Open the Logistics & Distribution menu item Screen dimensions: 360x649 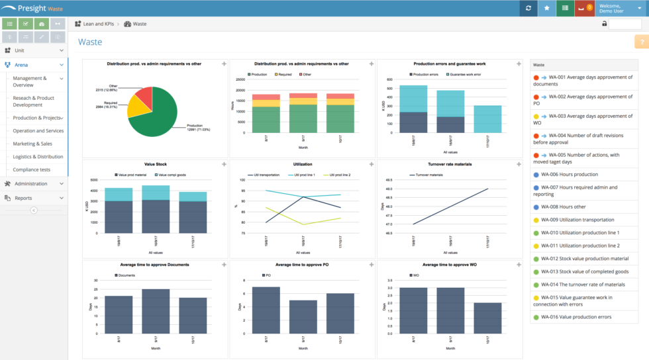(x=38, y=157)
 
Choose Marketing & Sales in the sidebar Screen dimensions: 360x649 (x=32, y=144)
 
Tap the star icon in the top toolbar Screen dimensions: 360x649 (x=546, y=8)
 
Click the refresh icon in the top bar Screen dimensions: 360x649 (x=528, y=8)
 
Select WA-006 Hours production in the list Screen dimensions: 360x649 (x=569, y=175)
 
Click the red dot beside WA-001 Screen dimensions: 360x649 (x=536, y=77)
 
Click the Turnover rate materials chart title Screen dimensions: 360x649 (x=449, y=164)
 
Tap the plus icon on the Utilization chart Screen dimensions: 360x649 (x=371, y=164)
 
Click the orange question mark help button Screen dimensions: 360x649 (x=642, y=42)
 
